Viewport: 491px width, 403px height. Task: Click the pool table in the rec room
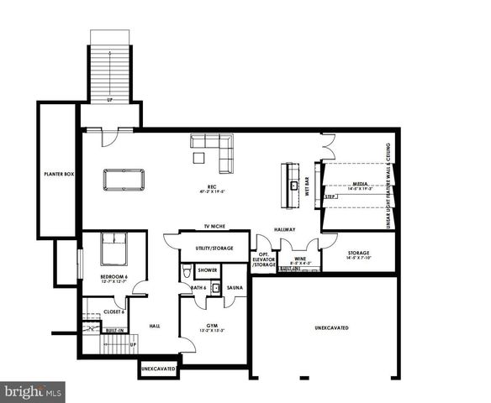pos(124,179)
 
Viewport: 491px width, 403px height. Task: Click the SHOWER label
pos(206,270)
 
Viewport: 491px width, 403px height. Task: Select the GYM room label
pos(214,326)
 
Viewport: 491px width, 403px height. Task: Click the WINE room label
pos(299,259)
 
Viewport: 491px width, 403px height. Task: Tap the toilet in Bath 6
pos(187,274)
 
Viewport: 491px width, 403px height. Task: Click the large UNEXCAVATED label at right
pos(331,327)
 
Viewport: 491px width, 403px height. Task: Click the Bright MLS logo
pos(33,391)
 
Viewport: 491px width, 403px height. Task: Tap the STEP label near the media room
pos(330,196)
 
